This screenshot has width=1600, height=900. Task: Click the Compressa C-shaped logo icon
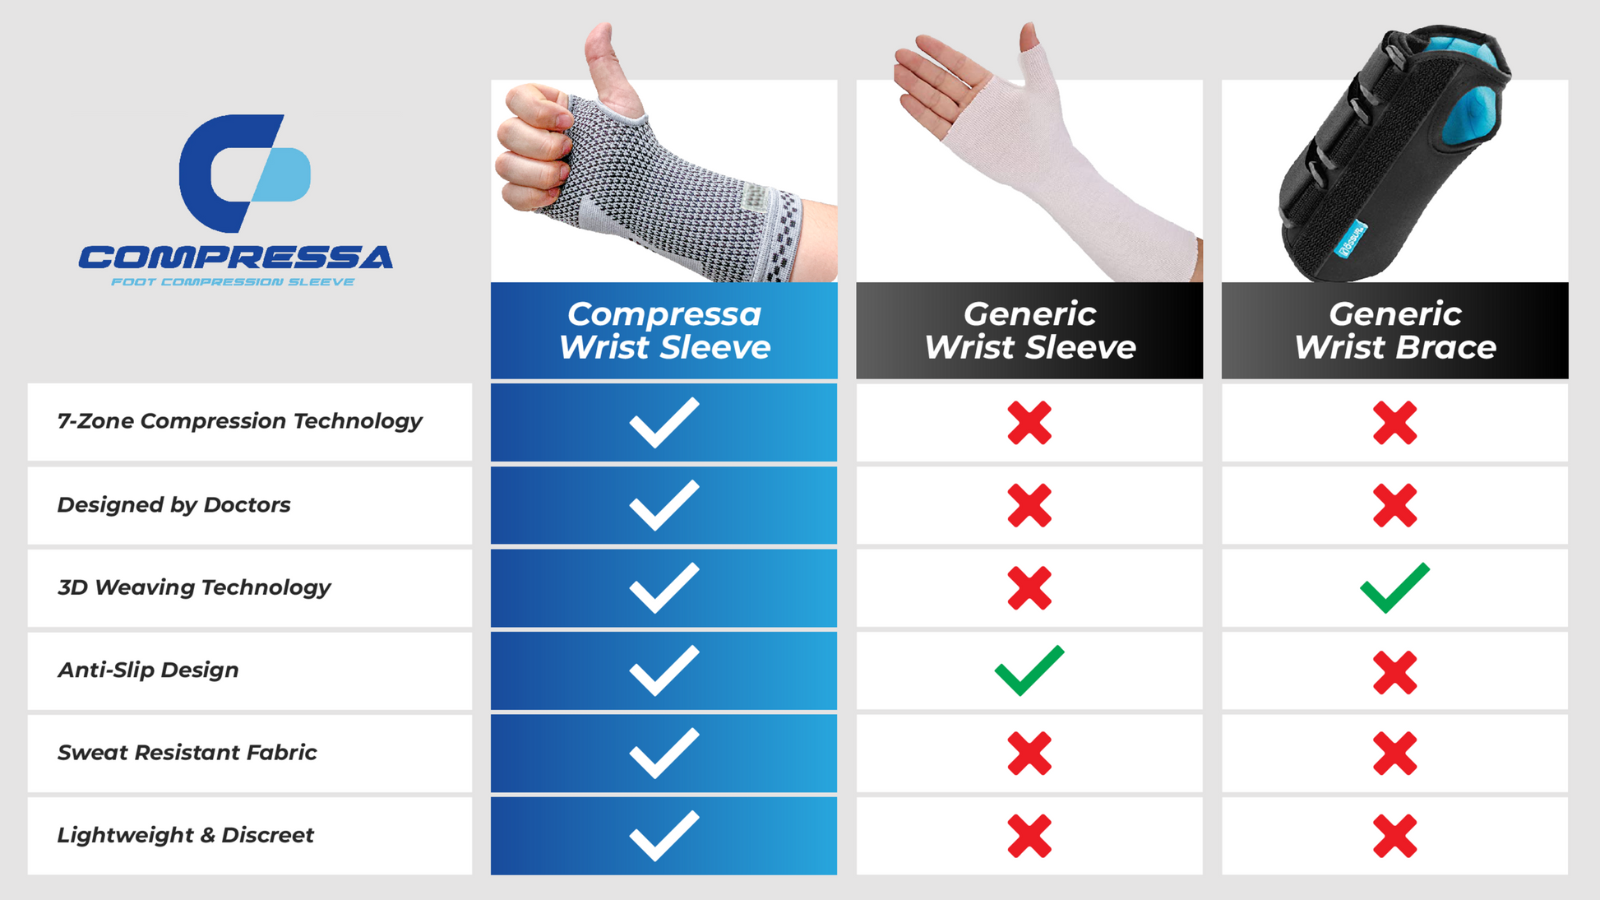pos(244,173)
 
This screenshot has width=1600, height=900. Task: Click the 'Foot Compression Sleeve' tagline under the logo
pos(233,282)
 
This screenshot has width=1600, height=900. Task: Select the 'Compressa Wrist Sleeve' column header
pos(664,331)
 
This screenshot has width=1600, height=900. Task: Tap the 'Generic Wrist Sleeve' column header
pos(1029,331)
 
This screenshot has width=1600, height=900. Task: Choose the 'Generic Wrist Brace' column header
pos(1394,331)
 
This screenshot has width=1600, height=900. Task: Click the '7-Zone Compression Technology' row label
pos(239,421)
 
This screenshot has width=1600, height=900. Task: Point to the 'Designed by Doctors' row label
pos(173,504)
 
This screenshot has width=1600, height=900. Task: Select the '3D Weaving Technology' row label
pos(194,587)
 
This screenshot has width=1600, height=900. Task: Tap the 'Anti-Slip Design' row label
pos(148,670)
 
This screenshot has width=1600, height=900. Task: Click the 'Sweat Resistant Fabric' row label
pos(187,752)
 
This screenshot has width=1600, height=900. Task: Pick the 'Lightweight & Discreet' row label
pos(185,835)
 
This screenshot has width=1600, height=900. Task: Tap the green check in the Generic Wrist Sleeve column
pos(1029,671)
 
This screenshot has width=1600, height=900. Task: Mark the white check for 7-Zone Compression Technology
pos(664,423)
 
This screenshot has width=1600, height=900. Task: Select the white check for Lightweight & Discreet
pos(664,836)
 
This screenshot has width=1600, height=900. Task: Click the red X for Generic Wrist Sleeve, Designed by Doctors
pos(1029,505)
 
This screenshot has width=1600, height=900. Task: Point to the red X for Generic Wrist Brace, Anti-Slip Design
pos(1394,672)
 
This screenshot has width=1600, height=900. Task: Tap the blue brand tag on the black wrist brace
pos(1350,239)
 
